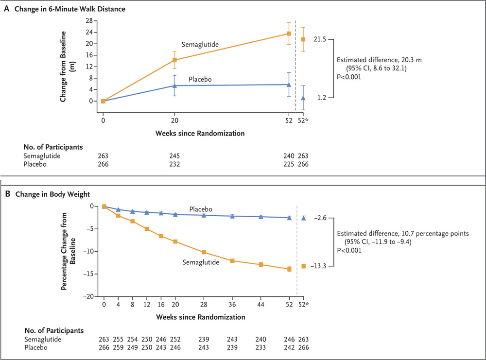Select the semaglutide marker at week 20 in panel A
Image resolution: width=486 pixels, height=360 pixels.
(174, 60)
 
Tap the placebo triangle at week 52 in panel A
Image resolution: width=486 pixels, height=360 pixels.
(289, 85)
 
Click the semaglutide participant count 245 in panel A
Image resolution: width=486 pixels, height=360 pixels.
(174, 156)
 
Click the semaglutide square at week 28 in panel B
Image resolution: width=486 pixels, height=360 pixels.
(204, 252)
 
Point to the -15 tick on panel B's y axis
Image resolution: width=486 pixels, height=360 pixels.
(91, 274)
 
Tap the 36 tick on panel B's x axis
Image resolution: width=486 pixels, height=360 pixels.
(232, 304)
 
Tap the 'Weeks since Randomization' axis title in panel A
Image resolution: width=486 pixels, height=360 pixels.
(199, 133)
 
